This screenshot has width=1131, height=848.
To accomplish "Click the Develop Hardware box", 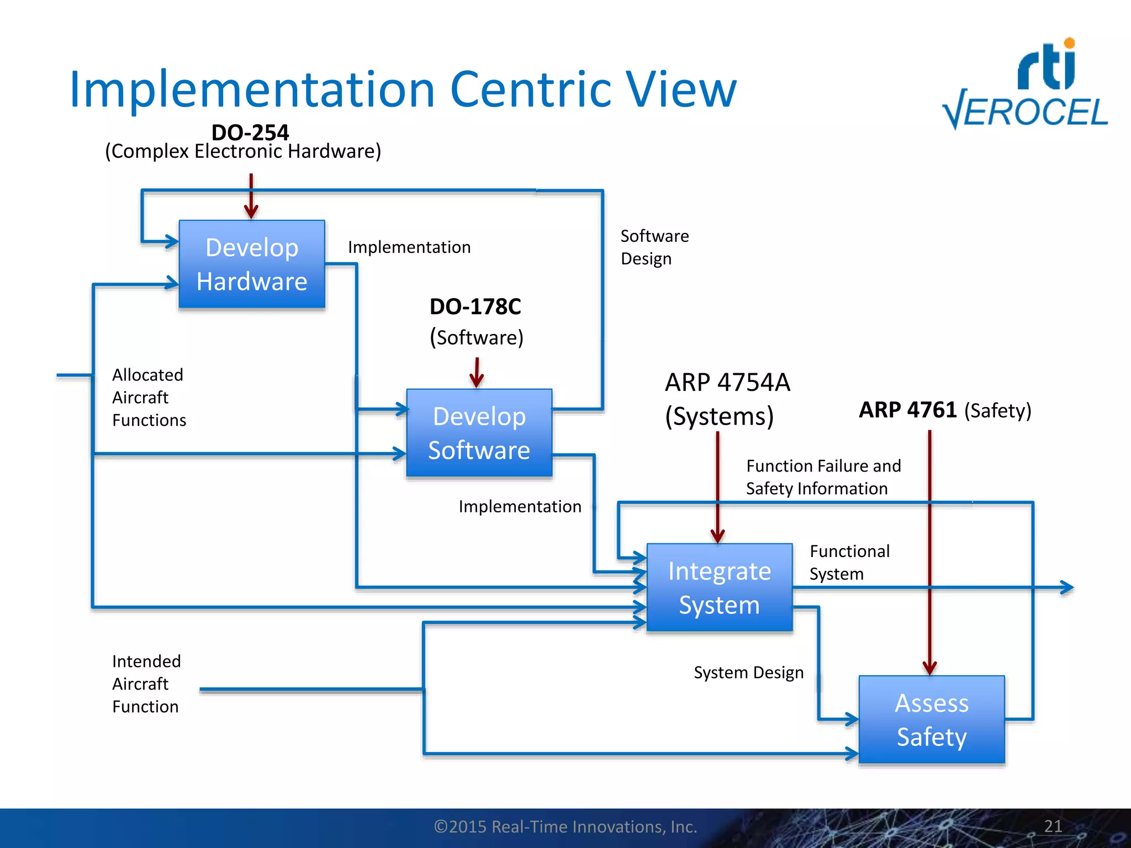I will (252, 264).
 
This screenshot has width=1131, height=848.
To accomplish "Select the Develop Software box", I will (479, 433).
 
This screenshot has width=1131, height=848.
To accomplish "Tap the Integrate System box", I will (719, 587).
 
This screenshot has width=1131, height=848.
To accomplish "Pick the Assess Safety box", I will (932, 719).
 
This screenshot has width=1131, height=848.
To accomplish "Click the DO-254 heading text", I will (250, 132).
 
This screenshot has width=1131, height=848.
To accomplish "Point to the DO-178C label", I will (475, 307).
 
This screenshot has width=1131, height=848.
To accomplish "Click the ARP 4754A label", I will (727, 383).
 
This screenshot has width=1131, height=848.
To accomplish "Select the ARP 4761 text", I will (907, 410).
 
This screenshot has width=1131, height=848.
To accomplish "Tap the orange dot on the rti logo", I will (1069, 43).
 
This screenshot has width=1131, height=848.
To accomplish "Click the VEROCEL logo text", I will (1026, 113).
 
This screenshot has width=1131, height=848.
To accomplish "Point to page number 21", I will (1053, 826).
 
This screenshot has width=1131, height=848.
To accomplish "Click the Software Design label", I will (654, 247).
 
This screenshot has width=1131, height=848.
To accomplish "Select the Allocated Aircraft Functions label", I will (149, 397).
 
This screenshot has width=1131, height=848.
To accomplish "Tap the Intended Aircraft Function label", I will (146, 683).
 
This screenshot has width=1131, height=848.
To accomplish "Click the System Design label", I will (748, 672).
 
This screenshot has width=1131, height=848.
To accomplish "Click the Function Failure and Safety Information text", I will (823, 477).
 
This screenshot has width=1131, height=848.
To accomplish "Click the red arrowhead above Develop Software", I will (477, 380).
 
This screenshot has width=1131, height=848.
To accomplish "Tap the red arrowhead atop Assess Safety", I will (930, 667).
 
